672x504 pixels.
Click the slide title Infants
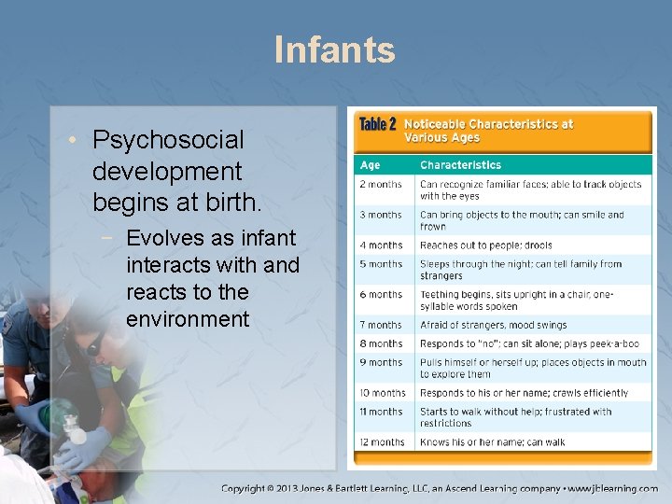click(335, 49)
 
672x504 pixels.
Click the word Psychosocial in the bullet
click(168, 140)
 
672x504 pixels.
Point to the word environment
click(188, 319)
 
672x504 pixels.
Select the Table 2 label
click(378, 125)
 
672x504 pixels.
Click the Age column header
click(371, 165)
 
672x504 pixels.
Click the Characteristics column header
click(460, 165)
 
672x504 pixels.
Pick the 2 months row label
click(381, 184)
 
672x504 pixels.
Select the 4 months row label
click(381, 245)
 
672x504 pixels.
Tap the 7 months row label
click(381, 325)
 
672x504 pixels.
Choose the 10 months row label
click(383, 393)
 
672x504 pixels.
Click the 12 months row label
click(383, 442)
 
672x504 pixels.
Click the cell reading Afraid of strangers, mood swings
click(493, 325)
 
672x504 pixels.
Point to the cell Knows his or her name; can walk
click(492, 442)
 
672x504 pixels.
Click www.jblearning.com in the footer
click(614, 488)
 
